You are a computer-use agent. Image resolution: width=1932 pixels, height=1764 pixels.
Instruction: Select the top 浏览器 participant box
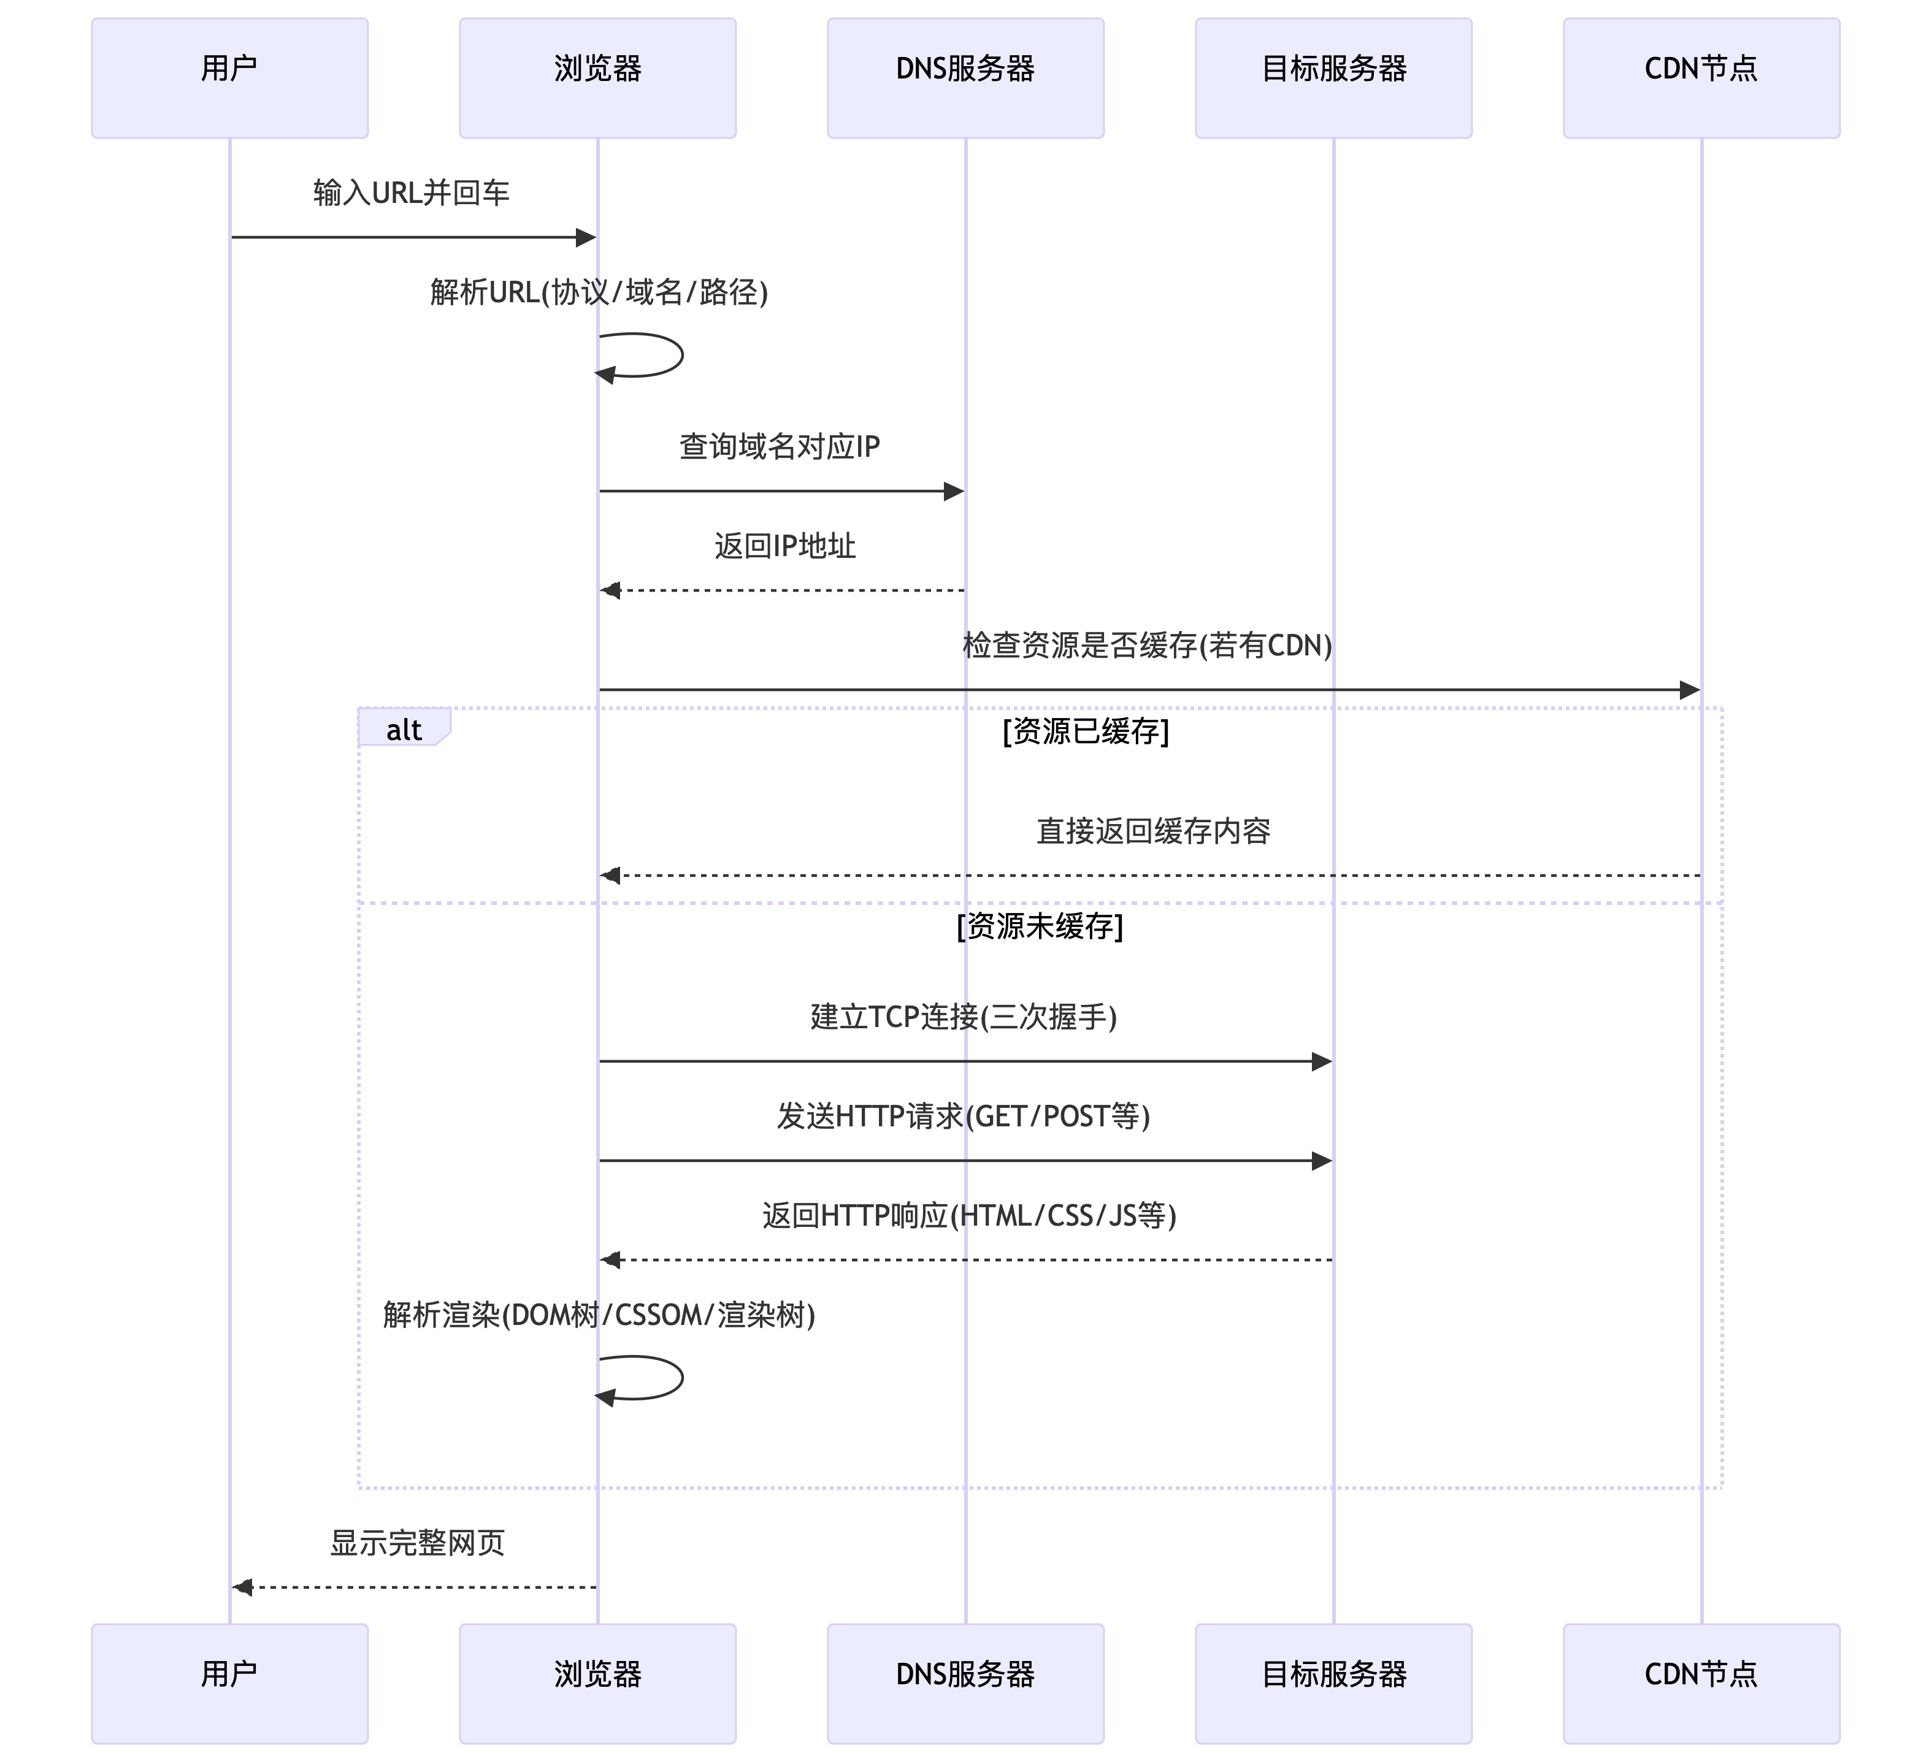pyautogui.click(x=597, y=78)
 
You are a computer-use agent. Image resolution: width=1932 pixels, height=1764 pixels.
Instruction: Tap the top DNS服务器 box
pyautogui.click(x=965, y=78)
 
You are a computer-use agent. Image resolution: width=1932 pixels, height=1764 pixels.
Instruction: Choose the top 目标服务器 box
pyautogui.click(x=1333, y=78)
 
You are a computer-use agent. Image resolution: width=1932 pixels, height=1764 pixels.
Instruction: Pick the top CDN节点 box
pyautogui.click(x=1701, y=78)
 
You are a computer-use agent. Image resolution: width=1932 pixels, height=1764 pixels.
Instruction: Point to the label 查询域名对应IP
pyautogui.click(x=779, y=446)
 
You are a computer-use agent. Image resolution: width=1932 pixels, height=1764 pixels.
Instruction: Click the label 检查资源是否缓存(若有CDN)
pyautogui.click(x=1147, y=646)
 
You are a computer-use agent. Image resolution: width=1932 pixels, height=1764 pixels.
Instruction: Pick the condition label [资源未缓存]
pyautogui.click(x=1040, y=926)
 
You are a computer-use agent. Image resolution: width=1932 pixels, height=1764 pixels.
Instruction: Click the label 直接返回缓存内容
pyautogui.click(x=1153, y=831)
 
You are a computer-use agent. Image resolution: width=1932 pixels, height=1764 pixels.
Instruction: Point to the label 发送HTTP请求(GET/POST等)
pyautogui.click(x=963, y=1117)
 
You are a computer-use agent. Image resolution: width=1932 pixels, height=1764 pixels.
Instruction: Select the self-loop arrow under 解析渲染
pyautogui.click(x=661, y=1378)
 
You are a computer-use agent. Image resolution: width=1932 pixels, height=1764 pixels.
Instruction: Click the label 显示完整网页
pyautogui.click(x=417, y=1543)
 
